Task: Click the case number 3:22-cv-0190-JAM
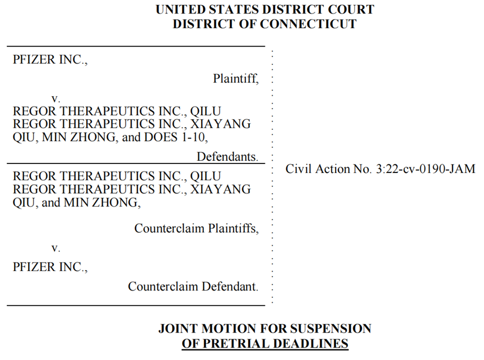pos(425,169)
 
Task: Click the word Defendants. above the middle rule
pos(227,157)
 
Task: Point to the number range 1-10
pos(194,137)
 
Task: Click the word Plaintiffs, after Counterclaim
pos(234,228)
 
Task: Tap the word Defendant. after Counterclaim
pos(230,286)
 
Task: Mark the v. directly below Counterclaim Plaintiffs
pos(55,248)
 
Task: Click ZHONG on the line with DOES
pos(94,137)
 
